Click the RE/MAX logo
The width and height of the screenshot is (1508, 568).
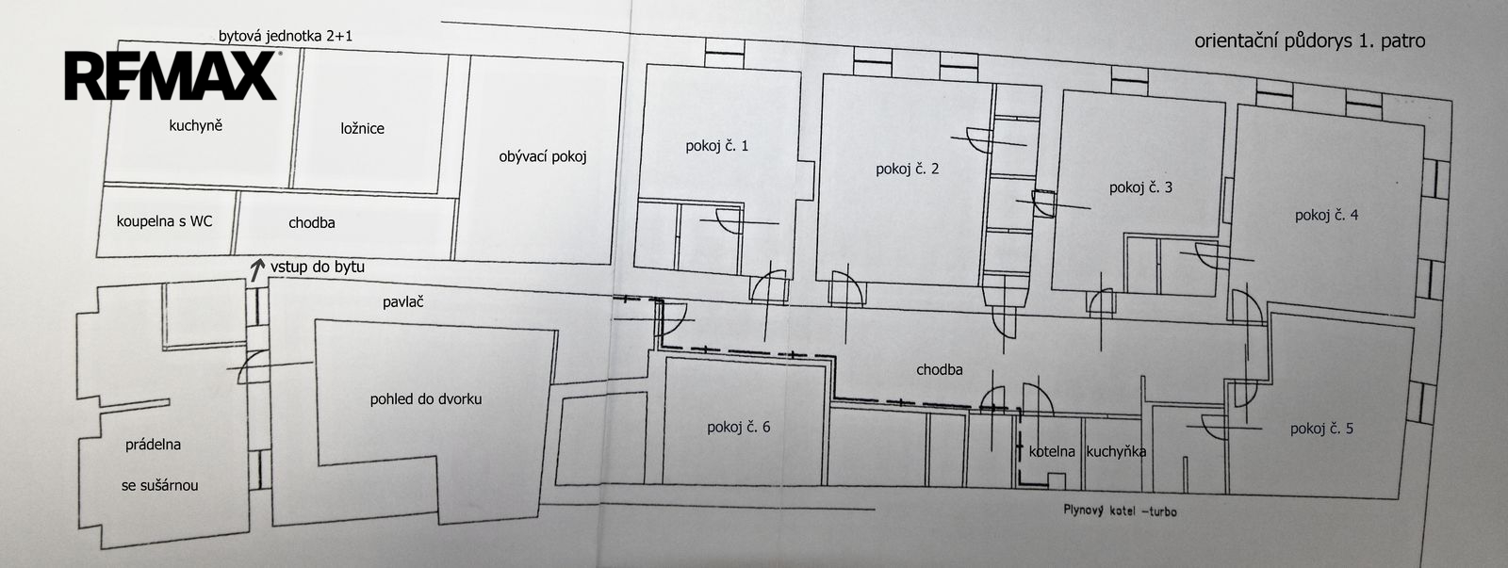(171, 75)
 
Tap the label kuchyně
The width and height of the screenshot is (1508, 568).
(195, 126)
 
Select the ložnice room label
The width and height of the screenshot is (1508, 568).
(362, 128)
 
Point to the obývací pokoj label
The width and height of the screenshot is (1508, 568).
(543, 156)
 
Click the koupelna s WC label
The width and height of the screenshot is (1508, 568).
(164, 221)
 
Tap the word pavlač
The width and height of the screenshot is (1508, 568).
(403, 302)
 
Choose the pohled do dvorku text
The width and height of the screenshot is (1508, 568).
(425, 399)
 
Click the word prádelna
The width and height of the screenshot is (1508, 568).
(153, 445)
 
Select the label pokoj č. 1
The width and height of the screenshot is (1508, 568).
(716, 146)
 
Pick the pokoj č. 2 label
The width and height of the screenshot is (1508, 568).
(907, 169)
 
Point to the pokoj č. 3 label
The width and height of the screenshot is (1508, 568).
(1140, 187)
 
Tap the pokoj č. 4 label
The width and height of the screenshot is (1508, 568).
(1326, 216)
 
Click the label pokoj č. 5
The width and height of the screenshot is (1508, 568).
(1320, 429)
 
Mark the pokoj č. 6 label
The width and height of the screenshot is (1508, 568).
(738, 428)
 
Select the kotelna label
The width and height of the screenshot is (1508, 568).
(1052, 451)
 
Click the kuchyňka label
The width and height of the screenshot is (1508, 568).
(1116, 451)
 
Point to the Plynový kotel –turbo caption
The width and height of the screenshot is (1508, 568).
(1121, 511)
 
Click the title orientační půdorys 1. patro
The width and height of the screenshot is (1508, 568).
(1309, 41)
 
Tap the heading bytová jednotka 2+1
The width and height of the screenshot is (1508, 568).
(285, 37)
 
